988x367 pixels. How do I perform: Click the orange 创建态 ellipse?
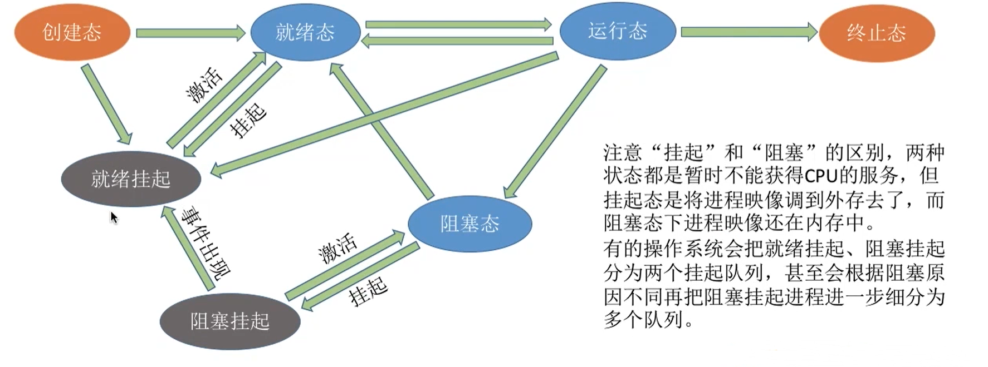(72, 32)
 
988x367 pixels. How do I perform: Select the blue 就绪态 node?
(305, 32)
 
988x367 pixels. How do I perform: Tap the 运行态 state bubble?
(617, 31)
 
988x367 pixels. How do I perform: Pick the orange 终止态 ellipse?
(876, 33)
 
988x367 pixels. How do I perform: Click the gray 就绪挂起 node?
(131, 179)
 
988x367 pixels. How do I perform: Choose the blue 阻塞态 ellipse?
(469, 224)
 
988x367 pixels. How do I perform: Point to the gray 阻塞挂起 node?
(229, 321)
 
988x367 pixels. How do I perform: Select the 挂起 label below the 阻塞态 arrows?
(368, 290)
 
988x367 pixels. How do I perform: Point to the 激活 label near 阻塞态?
(338, 248)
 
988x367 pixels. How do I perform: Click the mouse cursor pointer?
(114, 217)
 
